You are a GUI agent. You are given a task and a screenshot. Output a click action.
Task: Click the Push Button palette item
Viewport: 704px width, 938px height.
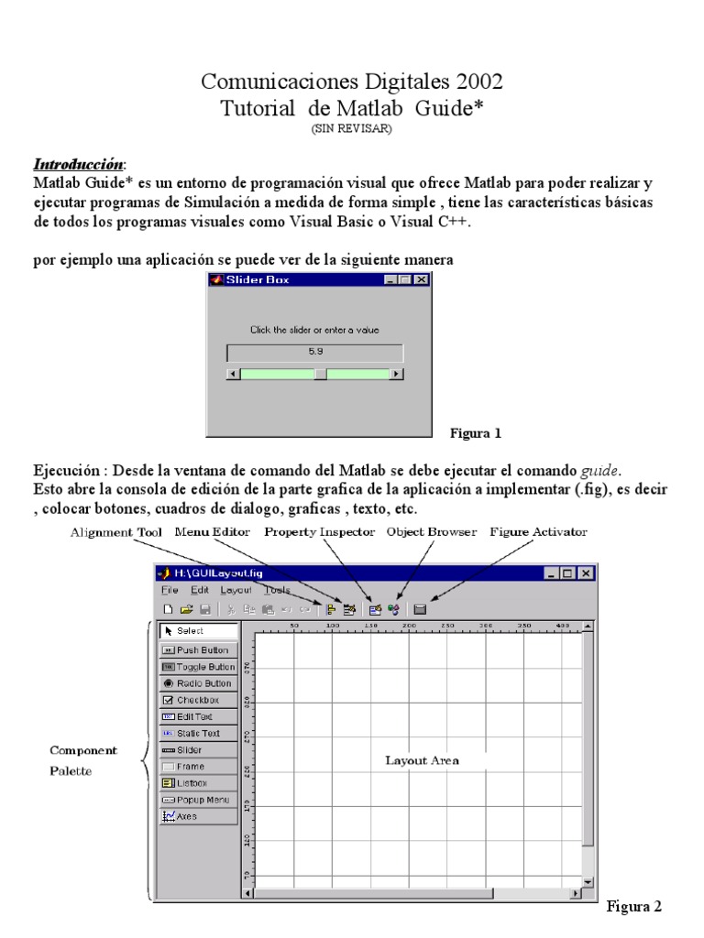pos(198,649)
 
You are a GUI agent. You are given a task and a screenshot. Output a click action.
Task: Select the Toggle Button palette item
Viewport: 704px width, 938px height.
pos(198,667)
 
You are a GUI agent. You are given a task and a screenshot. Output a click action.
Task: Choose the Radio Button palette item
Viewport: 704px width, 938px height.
pos(198,683)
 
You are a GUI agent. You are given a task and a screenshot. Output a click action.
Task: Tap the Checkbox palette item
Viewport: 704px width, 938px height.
pos(198,700)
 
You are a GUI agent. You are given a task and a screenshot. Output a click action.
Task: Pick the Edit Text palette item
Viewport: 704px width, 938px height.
pos(198,716)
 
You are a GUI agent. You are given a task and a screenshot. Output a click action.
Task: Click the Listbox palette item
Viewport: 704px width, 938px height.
pos(198,783)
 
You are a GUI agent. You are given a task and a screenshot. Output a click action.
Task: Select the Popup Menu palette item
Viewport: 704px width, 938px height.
pos(198,800)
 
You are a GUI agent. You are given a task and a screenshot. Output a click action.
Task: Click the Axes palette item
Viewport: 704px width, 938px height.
pos(198,816)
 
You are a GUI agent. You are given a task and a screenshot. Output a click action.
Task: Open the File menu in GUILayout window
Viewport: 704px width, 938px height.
pos(170,591)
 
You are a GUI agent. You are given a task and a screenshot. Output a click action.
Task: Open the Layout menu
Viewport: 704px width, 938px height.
pos(236,591)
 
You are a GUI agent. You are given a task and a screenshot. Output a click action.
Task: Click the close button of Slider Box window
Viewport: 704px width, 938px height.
pos(421,280)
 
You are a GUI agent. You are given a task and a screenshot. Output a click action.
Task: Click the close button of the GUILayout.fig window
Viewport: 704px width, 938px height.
pos(585,573)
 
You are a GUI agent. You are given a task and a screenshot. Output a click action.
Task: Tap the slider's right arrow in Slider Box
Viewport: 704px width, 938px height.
pos(396,374)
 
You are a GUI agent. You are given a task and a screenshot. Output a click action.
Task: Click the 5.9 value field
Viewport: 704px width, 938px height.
pos(314,352)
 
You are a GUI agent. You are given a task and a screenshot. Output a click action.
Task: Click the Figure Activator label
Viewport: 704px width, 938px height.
pos(539,531)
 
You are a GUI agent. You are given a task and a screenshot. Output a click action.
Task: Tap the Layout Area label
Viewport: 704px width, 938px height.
pos(422,760)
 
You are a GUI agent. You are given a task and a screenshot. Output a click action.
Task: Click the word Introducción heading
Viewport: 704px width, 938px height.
pos(78,165)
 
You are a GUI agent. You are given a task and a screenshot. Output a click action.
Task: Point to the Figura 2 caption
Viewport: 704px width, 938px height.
pos(633,907)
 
